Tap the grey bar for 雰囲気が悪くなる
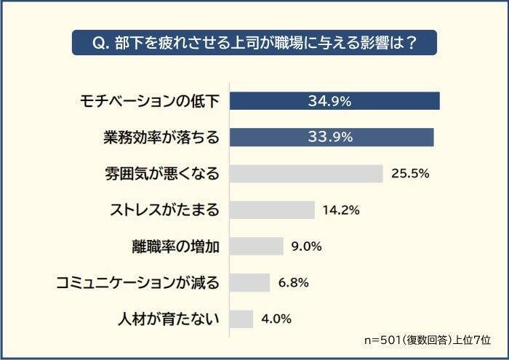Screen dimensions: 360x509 pyautogui.click(x=306, y=173)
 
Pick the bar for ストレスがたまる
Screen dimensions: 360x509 pyautogui.click(x=272, y=209)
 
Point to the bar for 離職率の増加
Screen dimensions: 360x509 pyautogui.click(x=256, y=246)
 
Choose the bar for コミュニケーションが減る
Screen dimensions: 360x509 pyautogui.click(x=249, y=282)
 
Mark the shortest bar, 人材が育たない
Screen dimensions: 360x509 pyautogui.click(x=241, y=319)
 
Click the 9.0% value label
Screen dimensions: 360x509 pyautogui.click(x=306, y=246)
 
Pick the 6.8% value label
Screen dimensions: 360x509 pyautogui.click(x=293, y=282)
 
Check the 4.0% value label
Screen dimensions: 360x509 pyautogui.click(x=276, y=319)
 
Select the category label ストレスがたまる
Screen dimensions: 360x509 pyautogui.click(x=163, y=209)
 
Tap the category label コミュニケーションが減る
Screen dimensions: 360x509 pyautogui.click(x=138, y=282)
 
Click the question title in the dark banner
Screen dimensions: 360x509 pyautogui.click(x=254, y=42)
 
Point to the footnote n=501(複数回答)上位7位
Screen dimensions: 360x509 pyautogui.click(x=428, y=340)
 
